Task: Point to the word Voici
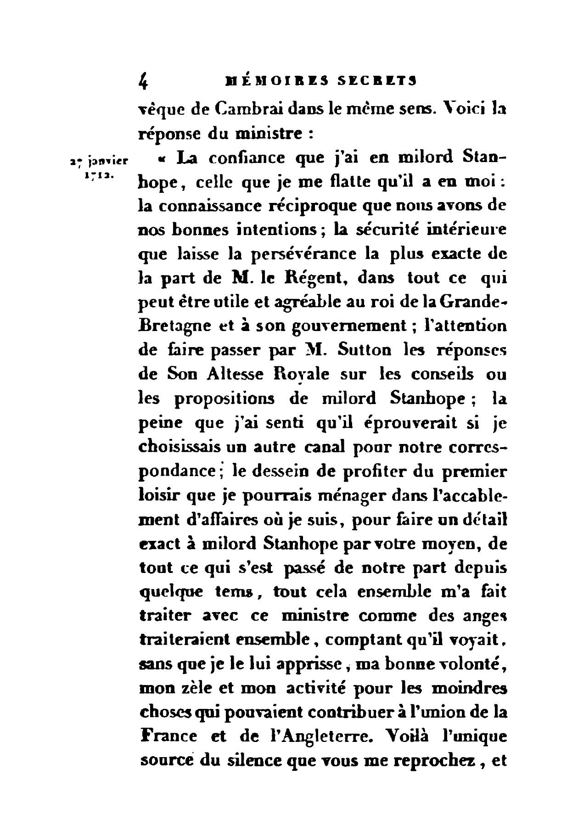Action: point(459,111)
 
